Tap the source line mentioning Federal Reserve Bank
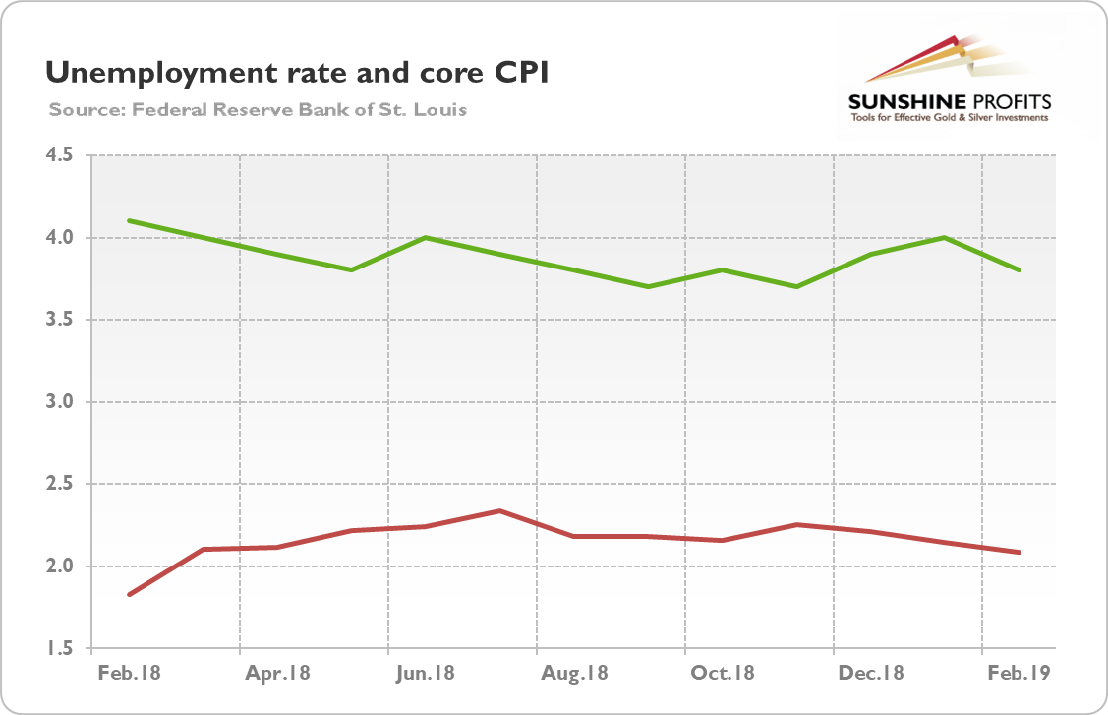click(x=258, y=109)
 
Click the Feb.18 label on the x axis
click(x=130, y=674)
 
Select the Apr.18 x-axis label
click(x=278, y=674)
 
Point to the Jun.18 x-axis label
click(x=427, y=674)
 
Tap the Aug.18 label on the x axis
click(x=575, y=674)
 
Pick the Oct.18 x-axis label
click(x=724, y=674)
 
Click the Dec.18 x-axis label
click(x=872, y=674)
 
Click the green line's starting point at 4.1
click(x=130, y=220)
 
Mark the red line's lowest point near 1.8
click(x=130, y=594)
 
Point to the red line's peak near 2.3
click(x=500, y=511)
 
